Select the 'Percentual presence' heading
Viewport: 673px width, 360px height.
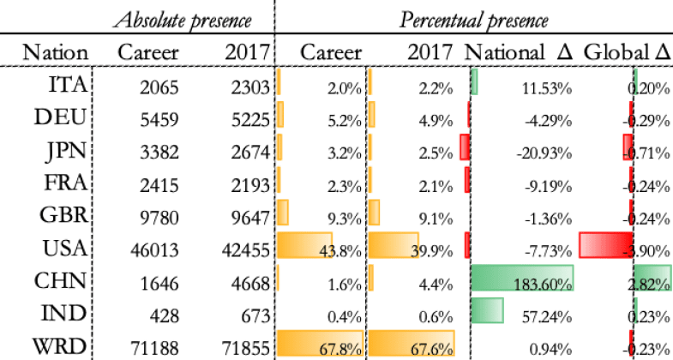[474, 18]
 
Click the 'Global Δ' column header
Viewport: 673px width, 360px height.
[626, 53]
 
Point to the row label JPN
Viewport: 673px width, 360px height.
[66, 152]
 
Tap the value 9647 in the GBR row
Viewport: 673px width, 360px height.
[247, 215]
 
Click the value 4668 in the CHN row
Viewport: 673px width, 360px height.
[247, 280]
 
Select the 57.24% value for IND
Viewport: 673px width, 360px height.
[549, 314]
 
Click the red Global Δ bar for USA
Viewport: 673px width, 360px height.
[605, 246]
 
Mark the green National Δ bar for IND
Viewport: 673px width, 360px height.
[488, 309]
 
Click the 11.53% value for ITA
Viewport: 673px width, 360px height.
[549, 87]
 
